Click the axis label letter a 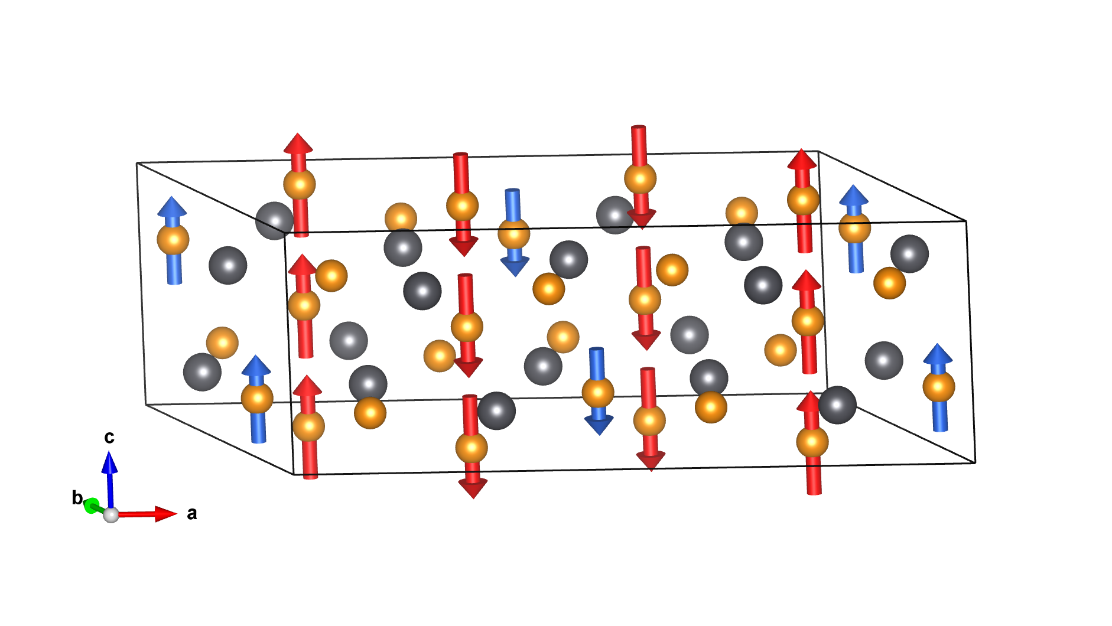[x=191, y=514]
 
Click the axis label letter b [x=77, y=498]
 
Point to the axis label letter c [x=109, y=437]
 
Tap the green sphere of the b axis [x=92, y=506]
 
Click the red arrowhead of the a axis [x=165, y=514]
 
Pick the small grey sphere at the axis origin [x=111, y=515]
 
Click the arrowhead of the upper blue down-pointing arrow [x=515, y=267]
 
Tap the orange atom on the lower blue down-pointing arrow [x=598, y=392]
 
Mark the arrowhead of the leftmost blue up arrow [x=172, y=206]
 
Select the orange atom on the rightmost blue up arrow [x=939, y=387]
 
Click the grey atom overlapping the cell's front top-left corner [x=274, y=220]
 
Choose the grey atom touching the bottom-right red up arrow [x=837, y=405]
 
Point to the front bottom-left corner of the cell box [x=294, y=474]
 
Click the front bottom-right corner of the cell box [x=975, y=462]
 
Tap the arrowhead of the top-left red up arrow [x=298, y=143]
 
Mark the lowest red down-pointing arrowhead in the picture [x=473, y=489]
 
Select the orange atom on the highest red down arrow [x=640, y=178]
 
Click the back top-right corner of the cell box [x=818, y=151]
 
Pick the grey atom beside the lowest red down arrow [x=496, y=410]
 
